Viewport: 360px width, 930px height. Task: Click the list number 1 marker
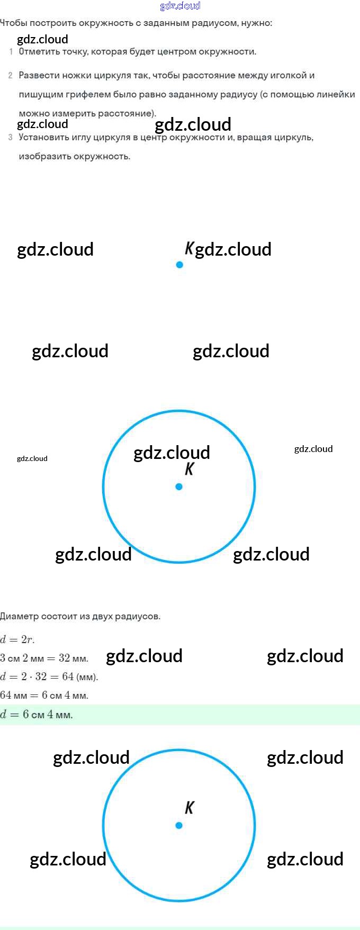(11, 52)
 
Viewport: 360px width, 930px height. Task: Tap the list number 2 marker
(11, 76)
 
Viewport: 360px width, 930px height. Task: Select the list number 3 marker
(11, 138)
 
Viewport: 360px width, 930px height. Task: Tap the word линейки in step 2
(336, 94)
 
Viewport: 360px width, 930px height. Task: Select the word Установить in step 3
(43, 138)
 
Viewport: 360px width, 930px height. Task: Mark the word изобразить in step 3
(44, 157)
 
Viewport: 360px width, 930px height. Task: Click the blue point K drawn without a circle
(179, 265)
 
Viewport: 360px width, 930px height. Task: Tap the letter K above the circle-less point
(189, 248)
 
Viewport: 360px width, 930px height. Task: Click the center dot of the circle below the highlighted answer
(179, 825)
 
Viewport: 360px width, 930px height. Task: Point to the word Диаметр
(19, 616)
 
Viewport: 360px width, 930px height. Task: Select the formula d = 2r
(17, 639)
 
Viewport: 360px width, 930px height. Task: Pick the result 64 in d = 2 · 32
(68, 677)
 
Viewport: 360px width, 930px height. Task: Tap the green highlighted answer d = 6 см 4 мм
(37, 715)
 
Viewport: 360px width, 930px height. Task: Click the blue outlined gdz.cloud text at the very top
(180, 6)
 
